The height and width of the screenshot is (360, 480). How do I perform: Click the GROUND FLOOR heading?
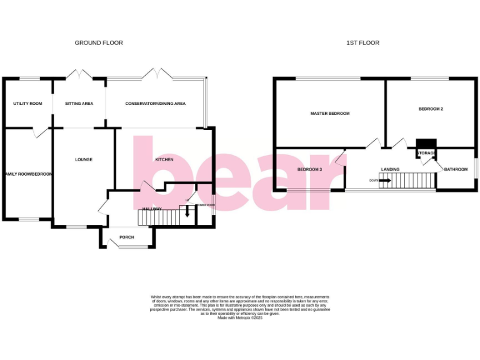pos(99,43)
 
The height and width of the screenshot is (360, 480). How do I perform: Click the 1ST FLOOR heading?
pos(363,43)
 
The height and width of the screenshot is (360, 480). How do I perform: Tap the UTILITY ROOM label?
pos(28,104)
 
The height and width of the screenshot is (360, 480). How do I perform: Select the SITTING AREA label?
pos(79,104)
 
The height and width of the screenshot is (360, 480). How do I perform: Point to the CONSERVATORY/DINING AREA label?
pos(155,104)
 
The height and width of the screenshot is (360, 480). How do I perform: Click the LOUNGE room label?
pos(84,159)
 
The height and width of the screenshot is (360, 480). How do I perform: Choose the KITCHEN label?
pos(164,160)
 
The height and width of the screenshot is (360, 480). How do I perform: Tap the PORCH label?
pos(127,237)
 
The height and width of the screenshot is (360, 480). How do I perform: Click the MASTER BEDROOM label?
pos(330,114)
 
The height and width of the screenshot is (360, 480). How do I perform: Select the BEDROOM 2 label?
pos(431,109)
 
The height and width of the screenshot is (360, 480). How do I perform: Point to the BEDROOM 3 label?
pos(309,169)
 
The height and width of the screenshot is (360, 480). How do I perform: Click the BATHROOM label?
pos(456,169)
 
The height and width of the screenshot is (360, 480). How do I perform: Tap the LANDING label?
pos(390,169)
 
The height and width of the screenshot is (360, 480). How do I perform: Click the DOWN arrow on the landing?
pos(383,181)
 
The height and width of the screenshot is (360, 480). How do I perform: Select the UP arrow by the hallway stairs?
pos(187,211)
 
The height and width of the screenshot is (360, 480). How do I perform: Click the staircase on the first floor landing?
pos(412,181)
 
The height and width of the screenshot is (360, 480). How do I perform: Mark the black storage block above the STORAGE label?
pos(426,144)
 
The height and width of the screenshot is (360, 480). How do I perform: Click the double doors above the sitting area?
pos(79,75)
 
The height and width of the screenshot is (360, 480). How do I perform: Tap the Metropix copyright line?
pos(240,318)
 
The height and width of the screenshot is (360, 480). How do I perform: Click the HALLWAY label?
pos(152,208)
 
